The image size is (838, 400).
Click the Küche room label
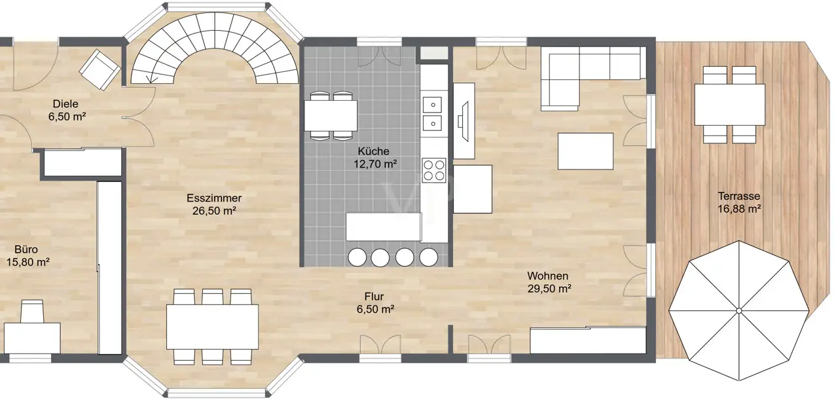pyautogui.click(x=373, y=151)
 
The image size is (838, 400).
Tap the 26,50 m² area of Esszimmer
pyautogui.click(x=214, y=211)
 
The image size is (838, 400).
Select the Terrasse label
pyautogui.click(x=739, y=196)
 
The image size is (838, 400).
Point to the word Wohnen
pyautogui.click(x=548, y=276)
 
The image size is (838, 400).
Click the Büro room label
pyautogui.click(x=26, y=249)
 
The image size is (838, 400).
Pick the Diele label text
pyautogui.click(x=65, y=103)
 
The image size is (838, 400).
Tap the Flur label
pyautogui.click(x=374, y=297)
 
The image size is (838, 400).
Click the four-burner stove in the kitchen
pyautogui.click(x=434, y=170)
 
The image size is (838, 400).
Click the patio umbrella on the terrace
pyautogui.click(x=739, y=310)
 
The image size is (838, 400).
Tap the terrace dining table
pyautogui.click(x=729, y=105)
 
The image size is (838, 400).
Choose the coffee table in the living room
pyautogui.click(x=585, y=151)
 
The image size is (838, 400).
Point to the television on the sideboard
pyautogui.click(x=464, y=122)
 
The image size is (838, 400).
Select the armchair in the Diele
pyautogui.click(x=100, y=70)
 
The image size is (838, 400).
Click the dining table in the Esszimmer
pyautogui.click(x=213, y=327)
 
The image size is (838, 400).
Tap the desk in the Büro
pyautogui.click(x=32, y=338)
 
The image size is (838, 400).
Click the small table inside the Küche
pyautogui.click(x=331, y=116)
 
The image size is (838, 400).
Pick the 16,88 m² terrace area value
pyautogui.click(x=739, y=209)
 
